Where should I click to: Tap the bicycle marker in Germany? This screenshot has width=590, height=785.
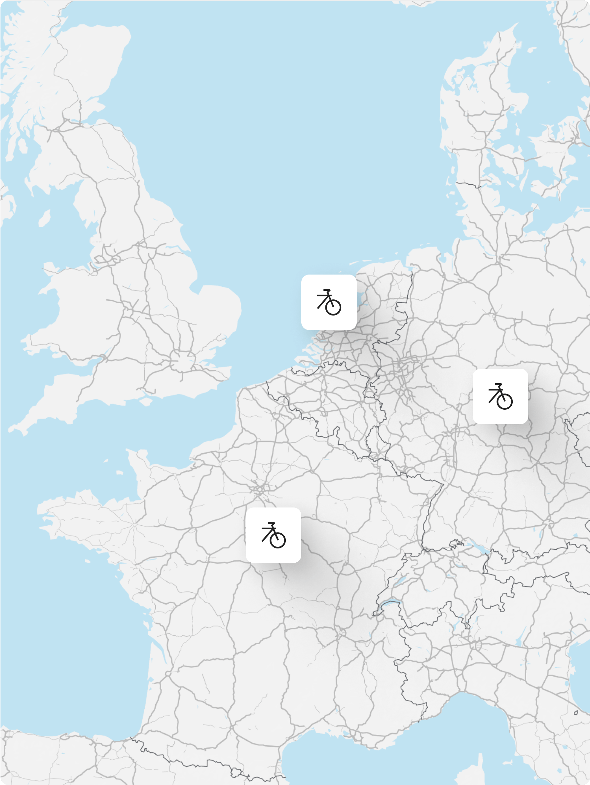coord(500,396)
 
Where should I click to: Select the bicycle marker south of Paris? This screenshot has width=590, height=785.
coord(273,535)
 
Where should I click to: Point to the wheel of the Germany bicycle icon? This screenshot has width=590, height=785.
coord(505,401)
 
